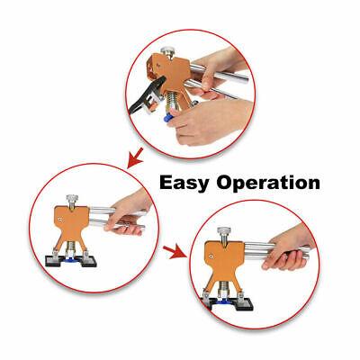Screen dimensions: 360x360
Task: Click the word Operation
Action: click(268, 183)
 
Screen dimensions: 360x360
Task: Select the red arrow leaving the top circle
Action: click(135, 157)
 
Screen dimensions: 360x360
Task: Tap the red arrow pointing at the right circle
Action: click(175, 251)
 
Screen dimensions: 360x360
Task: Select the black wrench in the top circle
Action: click(146, 95)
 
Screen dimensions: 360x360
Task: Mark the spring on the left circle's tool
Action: click(71, 247)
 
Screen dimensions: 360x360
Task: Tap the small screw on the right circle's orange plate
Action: click(211, 256)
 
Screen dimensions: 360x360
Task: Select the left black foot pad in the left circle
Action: click(56, 261)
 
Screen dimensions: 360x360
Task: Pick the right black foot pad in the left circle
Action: click(87, 261)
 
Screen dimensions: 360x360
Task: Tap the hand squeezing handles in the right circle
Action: click(288, 249)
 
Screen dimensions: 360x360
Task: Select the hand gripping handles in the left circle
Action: click(128, 214)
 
